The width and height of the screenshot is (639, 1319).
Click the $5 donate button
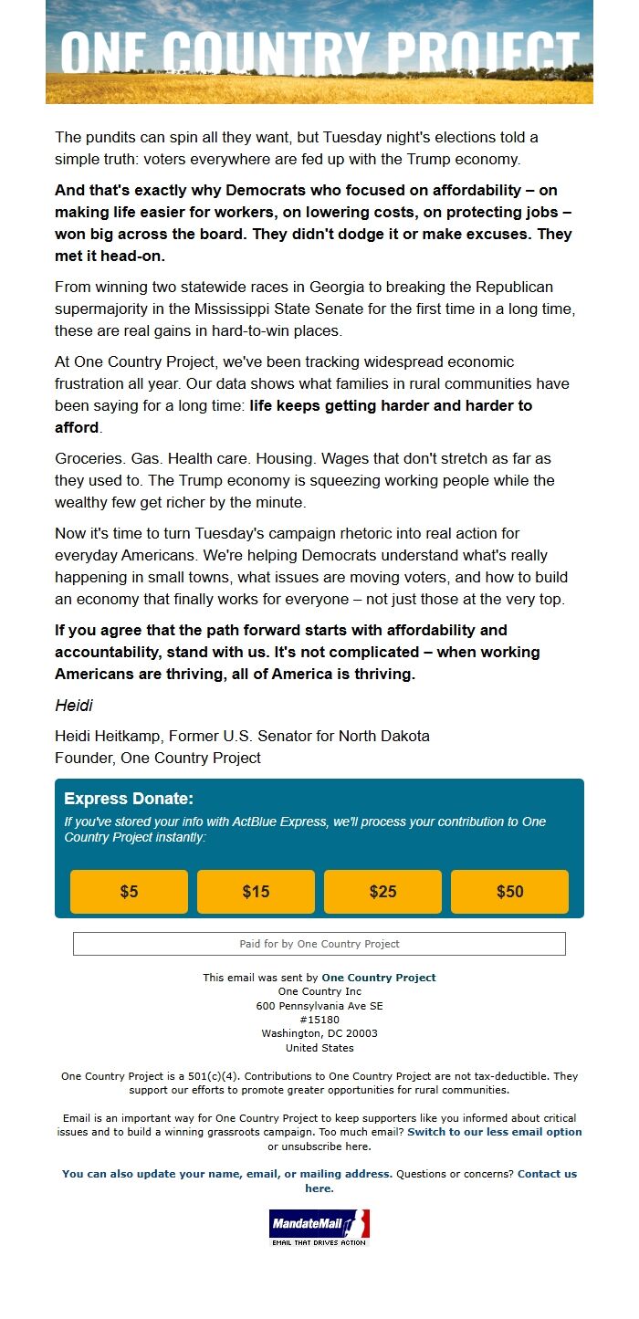pos(129,892)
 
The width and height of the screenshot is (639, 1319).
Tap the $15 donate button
pos(256,892)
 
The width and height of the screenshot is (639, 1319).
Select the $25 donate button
pos(382,892)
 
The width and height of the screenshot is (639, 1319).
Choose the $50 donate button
pos(509,892)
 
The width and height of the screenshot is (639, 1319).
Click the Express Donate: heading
pos(129,799)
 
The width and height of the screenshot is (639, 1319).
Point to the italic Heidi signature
pos(74,706)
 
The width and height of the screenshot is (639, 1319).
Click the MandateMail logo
pos(319,1227)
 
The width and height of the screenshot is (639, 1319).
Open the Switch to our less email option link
pos(494,1132)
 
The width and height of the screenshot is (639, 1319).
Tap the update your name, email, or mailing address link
pos(227,1174)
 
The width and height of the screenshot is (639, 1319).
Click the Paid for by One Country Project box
pos(319,944)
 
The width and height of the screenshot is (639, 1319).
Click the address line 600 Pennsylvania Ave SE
pos(319,1005)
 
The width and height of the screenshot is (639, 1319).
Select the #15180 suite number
pos(319,1020)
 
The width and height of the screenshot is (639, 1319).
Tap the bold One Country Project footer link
pos(379,978)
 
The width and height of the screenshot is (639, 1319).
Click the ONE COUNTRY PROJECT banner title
pos(319,52)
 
